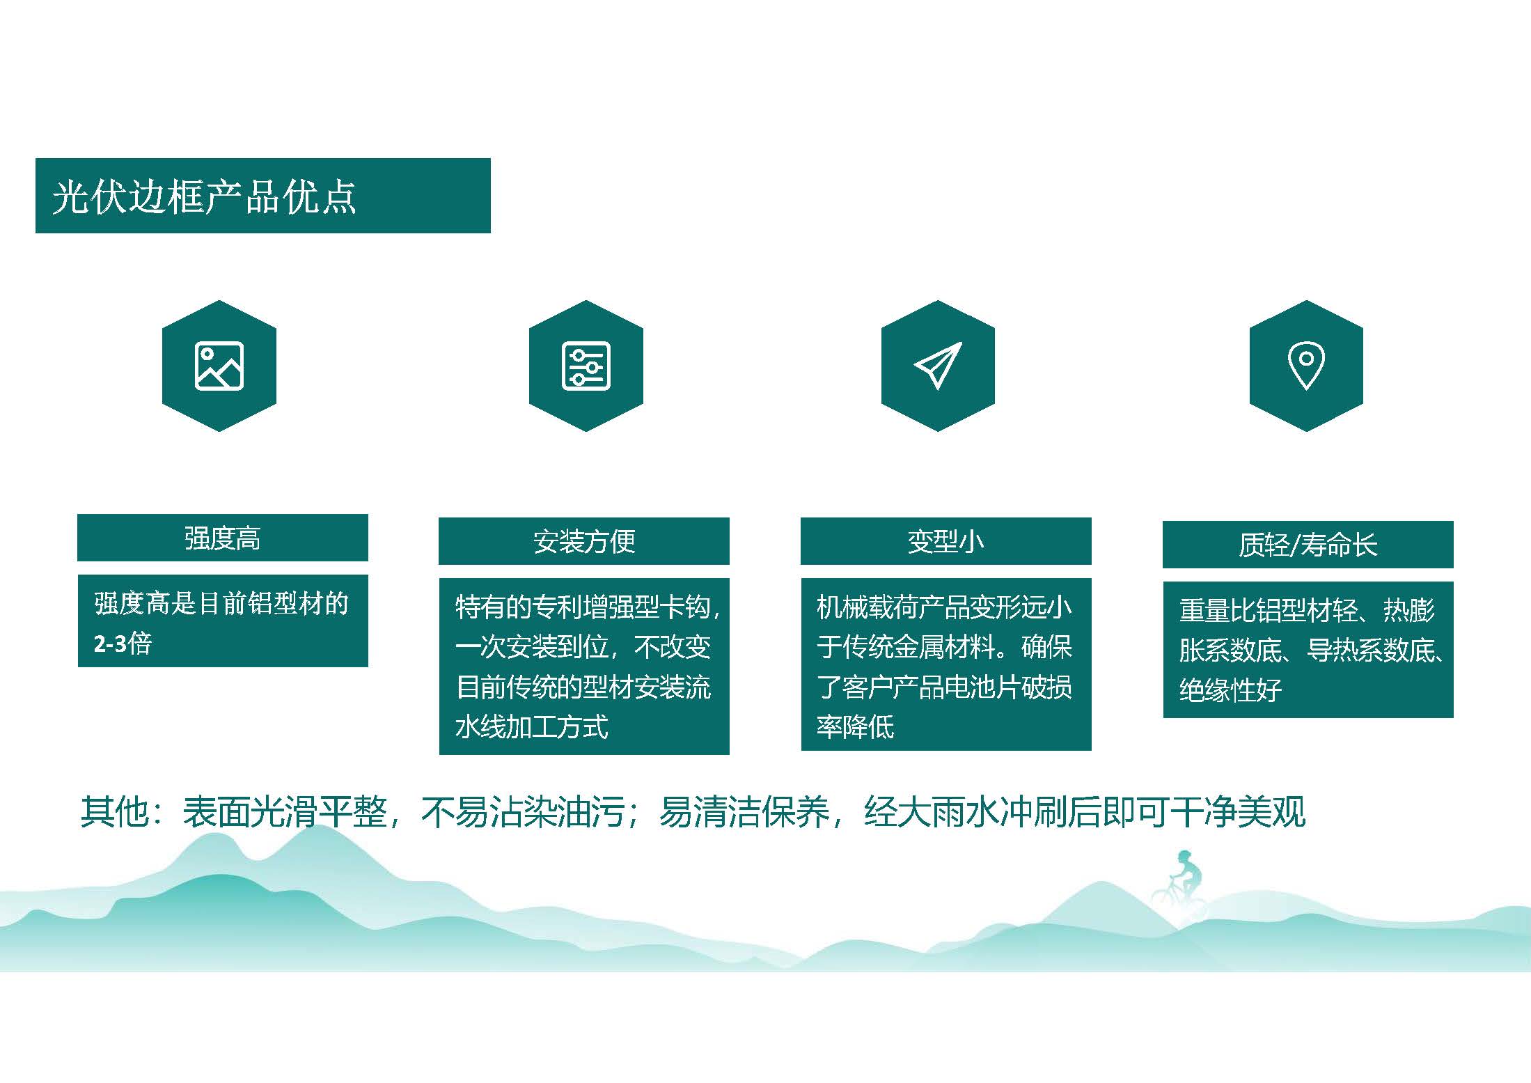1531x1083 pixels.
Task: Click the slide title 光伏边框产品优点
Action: (204, 196)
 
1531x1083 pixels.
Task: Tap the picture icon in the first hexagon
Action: (219, 366)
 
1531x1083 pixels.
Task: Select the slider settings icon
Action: (586, 366)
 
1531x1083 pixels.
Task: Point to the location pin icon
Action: (1306, 366)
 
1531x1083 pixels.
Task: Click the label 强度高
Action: (222, 538)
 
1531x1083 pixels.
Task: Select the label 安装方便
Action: (584, 542)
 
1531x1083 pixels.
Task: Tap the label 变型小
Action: (945, 542)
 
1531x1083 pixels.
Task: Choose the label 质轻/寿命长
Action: (1308, 545)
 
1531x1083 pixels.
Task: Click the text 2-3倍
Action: (123, 643)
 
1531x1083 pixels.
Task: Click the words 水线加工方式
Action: (532, 726)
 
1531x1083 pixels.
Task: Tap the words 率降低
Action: (855, 726)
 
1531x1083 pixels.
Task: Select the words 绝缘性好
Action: (1230, 689)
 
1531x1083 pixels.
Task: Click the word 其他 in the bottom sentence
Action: (114, 812)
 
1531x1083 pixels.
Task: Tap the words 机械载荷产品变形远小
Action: (944, 607)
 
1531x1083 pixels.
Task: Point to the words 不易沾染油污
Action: (522, 812)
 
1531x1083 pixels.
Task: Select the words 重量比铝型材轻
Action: (1269, 611)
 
